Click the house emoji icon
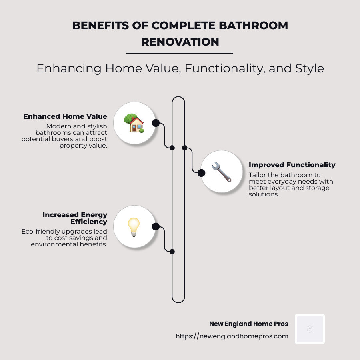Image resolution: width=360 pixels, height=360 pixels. tap(134, 123)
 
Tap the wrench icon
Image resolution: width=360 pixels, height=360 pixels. tap(221, 172)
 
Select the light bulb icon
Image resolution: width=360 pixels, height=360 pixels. tap(134, 227)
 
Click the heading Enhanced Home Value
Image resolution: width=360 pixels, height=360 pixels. tap(65, 116)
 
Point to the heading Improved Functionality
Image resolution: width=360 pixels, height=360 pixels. tap(292, 165)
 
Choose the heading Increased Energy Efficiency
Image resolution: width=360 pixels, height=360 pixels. tap(75, 218)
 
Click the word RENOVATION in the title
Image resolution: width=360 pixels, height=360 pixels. tap(180, 42)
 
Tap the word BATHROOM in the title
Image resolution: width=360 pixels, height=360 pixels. tap(255, 25)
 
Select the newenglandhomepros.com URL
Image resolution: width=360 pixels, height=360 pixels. tap(232, 336)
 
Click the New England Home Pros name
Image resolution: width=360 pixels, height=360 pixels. tap(248, 324)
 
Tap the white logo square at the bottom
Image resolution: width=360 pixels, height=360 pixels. tap(310, 329)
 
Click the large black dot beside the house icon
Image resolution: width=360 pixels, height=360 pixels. tap(156, 123)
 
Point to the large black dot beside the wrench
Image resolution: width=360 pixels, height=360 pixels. tap(201, 173)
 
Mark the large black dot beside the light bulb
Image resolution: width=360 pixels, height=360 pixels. tap(156, 227)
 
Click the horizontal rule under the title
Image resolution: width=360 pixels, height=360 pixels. tap(179, 53)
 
